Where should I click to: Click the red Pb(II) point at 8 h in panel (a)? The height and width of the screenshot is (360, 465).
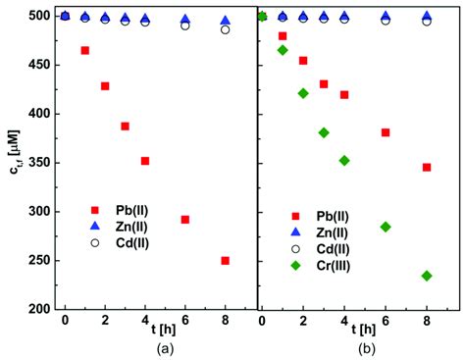[x=225, y=261]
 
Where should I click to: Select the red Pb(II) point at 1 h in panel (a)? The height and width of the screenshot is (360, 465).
[x=84, y=50]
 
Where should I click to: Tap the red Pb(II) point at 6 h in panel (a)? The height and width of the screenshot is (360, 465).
[x=184, y=220]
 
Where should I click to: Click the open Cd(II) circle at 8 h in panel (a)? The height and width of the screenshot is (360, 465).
[x=225, y=29]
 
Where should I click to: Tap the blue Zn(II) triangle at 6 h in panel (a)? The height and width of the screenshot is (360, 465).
[x=184, y=20]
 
